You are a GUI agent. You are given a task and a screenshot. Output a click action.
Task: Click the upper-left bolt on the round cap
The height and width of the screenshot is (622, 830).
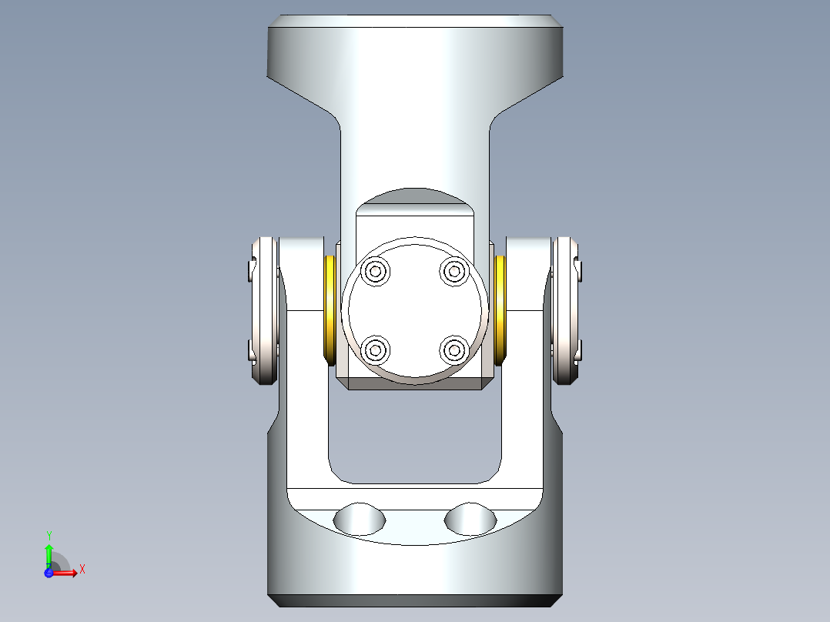[377, 271]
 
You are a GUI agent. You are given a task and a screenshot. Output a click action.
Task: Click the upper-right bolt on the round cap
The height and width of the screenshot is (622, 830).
[454, 271]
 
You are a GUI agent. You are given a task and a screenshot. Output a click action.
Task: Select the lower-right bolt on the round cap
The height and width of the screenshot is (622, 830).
[454, 350]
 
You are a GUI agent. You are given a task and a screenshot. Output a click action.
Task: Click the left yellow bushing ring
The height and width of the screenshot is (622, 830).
[330, 309]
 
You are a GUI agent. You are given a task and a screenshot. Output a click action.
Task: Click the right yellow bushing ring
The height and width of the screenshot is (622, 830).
[500, 309]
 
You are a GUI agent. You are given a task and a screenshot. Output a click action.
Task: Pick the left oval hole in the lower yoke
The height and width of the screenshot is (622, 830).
[359, 519]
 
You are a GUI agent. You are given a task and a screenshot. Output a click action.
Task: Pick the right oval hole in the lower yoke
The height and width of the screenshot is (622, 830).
[470, 519]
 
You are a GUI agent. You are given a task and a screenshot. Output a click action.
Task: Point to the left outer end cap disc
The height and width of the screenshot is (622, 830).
[264, 310]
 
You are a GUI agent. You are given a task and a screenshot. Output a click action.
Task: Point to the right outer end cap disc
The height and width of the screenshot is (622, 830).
[567, 310]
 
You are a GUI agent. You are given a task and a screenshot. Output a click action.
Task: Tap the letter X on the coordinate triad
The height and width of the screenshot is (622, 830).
[82, 569]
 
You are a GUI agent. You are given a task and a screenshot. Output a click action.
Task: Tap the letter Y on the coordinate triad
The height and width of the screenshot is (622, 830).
[49, 534]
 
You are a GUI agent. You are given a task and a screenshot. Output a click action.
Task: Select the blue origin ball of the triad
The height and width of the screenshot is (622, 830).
[49, 574]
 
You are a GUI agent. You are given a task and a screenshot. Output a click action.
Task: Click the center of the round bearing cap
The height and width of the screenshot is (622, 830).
[415, 310]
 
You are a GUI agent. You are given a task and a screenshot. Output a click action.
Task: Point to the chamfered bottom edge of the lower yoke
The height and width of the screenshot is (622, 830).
[415, 600]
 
